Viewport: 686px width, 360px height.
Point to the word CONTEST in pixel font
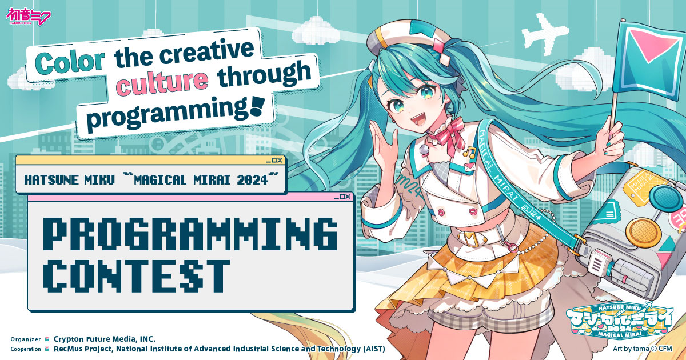[137, 275]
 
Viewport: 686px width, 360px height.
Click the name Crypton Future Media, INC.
[105, 338]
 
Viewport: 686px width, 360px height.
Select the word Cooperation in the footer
[26, 349]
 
